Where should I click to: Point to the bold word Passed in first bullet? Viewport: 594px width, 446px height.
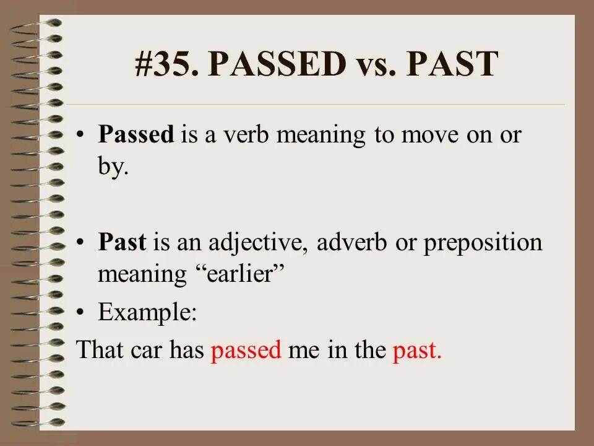(x=136, y=136)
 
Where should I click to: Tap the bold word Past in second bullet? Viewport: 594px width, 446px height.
(x=122, y=242)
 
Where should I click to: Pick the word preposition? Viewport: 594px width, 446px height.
(x=483, y=243)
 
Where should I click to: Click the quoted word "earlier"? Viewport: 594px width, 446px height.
(x=244, y=273)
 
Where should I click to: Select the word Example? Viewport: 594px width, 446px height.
(x=147, y=313)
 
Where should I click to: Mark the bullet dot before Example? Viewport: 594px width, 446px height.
(x=81, y=313)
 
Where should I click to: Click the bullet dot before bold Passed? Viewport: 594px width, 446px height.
(x=81, y=136)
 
